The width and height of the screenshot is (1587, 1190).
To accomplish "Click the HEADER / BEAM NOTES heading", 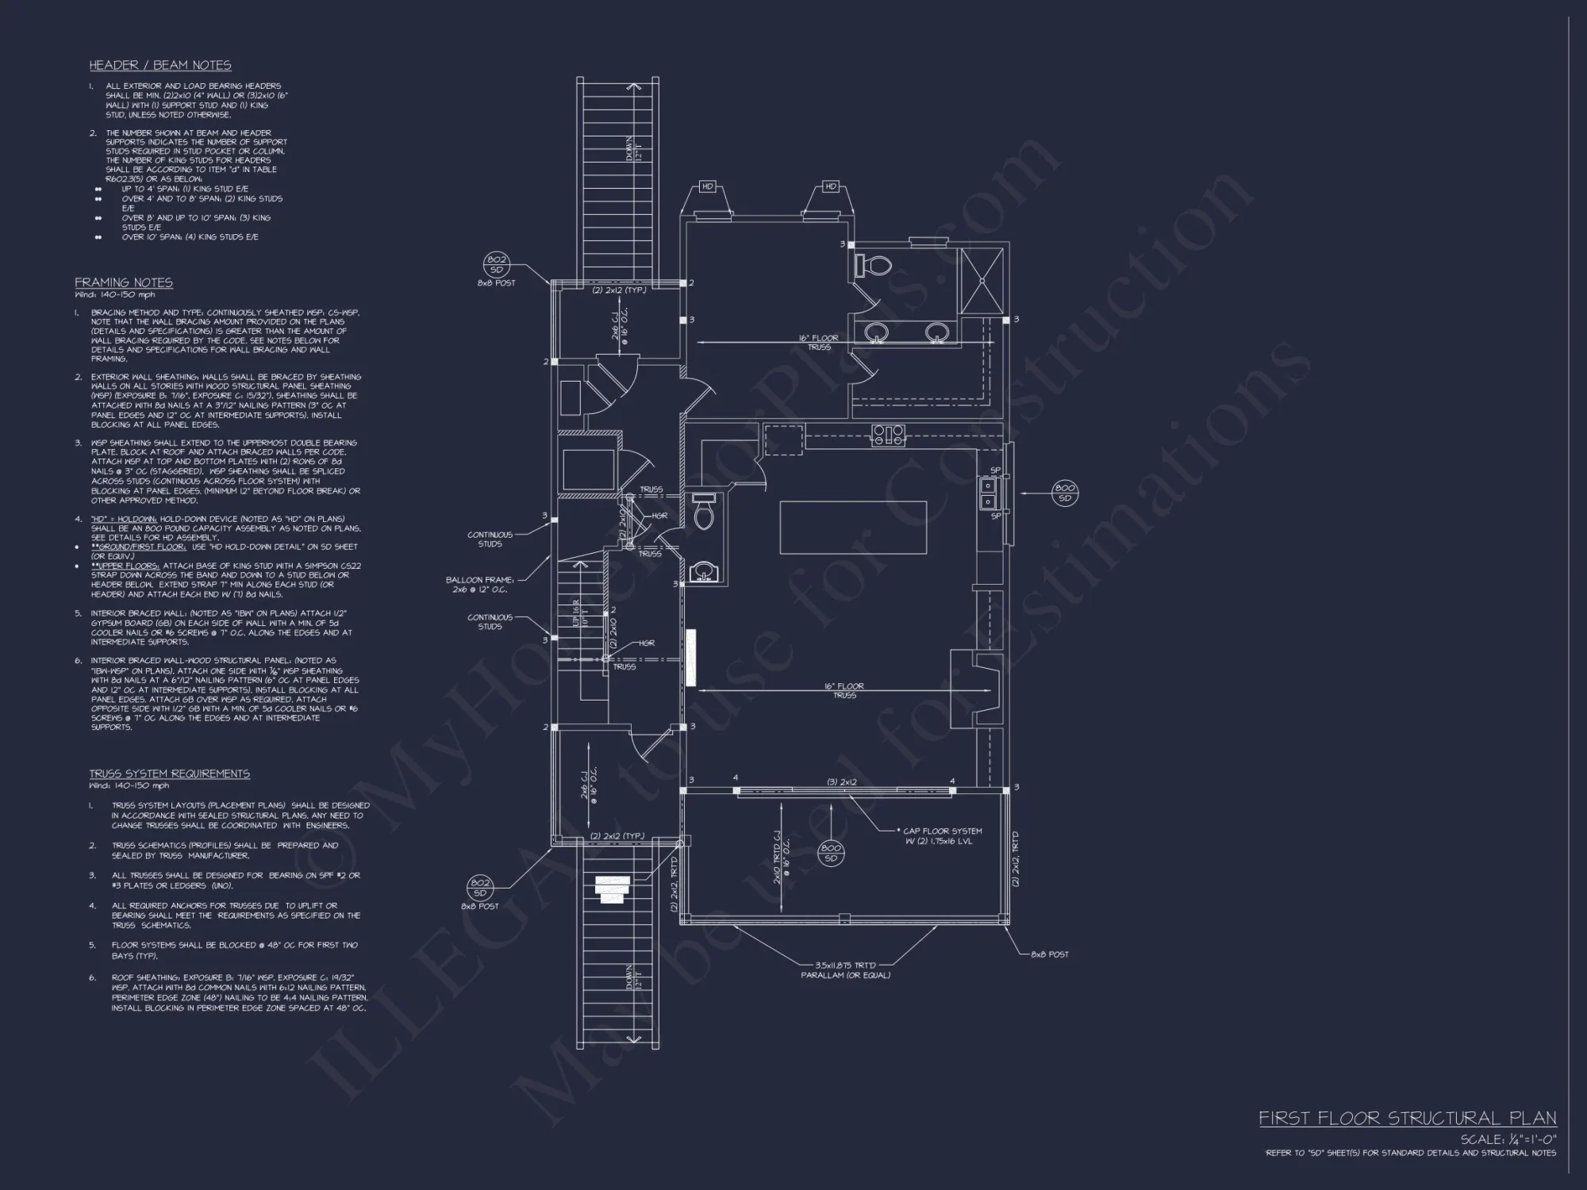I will [160, 65].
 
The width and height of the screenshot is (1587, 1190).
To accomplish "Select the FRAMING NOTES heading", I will [124, 282].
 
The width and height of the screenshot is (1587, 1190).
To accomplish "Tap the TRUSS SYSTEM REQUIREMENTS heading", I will [169, 773].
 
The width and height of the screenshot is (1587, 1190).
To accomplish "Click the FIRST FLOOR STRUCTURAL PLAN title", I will [1407, 1119].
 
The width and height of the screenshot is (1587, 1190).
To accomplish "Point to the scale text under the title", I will [1508, 1140].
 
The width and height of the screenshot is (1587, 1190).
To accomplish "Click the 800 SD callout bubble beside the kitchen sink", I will [1065, 493].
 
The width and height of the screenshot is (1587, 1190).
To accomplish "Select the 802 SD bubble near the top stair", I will [497, 264].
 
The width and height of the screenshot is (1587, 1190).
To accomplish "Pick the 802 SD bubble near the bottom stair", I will [479, 888].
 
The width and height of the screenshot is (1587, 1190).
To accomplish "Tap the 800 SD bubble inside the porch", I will [831, 854].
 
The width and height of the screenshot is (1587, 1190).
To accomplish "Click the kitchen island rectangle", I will [853, 528].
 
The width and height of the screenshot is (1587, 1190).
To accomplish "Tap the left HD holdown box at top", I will [708, 187].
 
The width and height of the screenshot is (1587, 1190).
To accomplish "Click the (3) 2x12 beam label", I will [842, 782].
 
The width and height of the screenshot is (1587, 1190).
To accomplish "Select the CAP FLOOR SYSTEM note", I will [942, 836].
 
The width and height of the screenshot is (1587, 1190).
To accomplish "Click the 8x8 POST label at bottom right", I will [1049, 954].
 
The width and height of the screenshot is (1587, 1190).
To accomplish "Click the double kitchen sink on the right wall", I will [988, 493].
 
